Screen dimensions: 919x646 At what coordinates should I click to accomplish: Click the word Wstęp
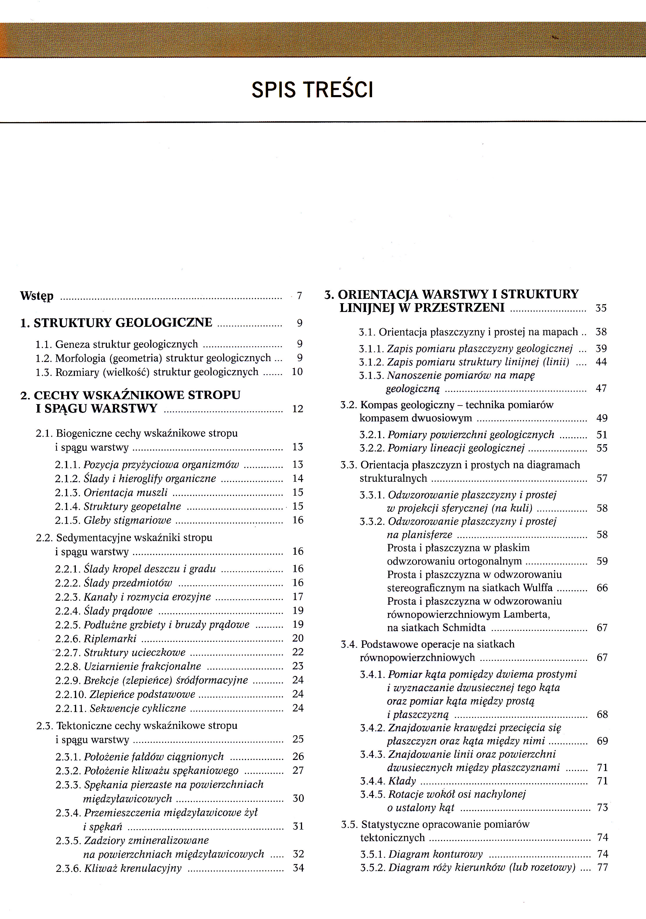(x=37, y=297)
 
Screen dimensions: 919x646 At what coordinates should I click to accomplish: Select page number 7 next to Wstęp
(x=299, y=296)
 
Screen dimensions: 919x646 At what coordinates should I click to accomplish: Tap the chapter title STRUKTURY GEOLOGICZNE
(x=123, y=323)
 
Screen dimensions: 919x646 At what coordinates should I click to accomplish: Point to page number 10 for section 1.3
(x=297, y=372)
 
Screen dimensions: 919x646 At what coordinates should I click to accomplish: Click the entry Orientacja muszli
(x=125, y=492)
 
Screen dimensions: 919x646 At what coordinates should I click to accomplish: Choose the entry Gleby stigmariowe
(x=127, y=520)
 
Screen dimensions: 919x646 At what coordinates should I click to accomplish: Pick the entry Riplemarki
(x=110, y=638)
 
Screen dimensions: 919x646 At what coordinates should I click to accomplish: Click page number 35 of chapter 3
(x=601, y=308)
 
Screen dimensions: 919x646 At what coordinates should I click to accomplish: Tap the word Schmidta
(x=466, y=628)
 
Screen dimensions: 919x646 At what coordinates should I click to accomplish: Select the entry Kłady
(x=402, y=781)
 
